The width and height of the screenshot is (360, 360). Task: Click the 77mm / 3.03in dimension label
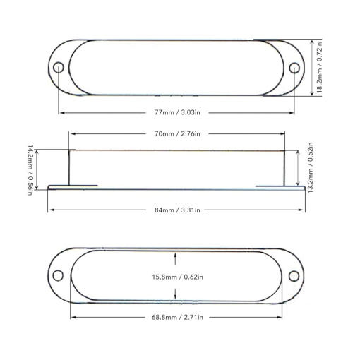(177, 112)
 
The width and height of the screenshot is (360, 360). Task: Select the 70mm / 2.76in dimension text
(177, 133)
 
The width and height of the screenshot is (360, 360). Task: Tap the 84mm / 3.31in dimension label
(177, 210)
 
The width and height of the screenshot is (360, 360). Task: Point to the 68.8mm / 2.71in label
(177, 317)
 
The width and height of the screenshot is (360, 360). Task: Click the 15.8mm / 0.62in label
(177, 277)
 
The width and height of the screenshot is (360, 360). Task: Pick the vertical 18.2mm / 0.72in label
(319, 68)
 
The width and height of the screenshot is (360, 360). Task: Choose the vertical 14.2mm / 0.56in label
(30, 170)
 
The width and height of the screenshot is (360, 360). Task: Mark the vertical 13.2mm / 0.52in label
(311, 167)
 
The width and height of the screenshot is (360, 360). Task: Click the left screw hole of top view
(59, 68)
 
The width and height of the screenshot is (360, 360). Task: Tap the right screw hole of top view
(294, 68)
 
